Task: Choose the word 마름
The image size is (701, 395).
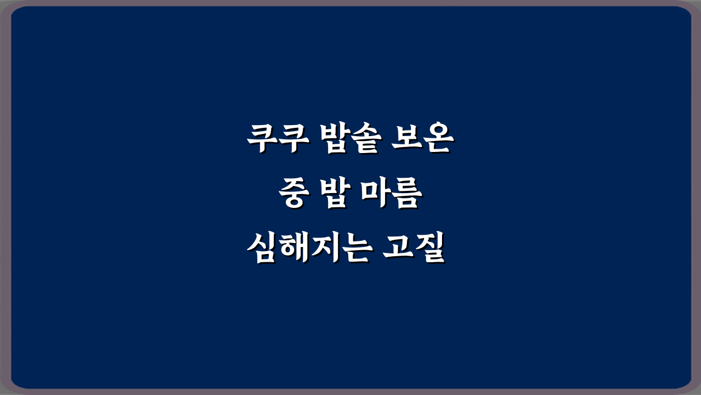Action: (x=390, y=196)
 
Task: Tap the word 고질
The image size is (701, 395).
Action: (x=411, y=249)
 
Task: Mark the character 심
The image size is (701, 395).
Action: (x=261, y=249)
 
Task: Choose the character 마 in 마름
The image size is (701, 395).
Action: (x=375, y=196)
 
